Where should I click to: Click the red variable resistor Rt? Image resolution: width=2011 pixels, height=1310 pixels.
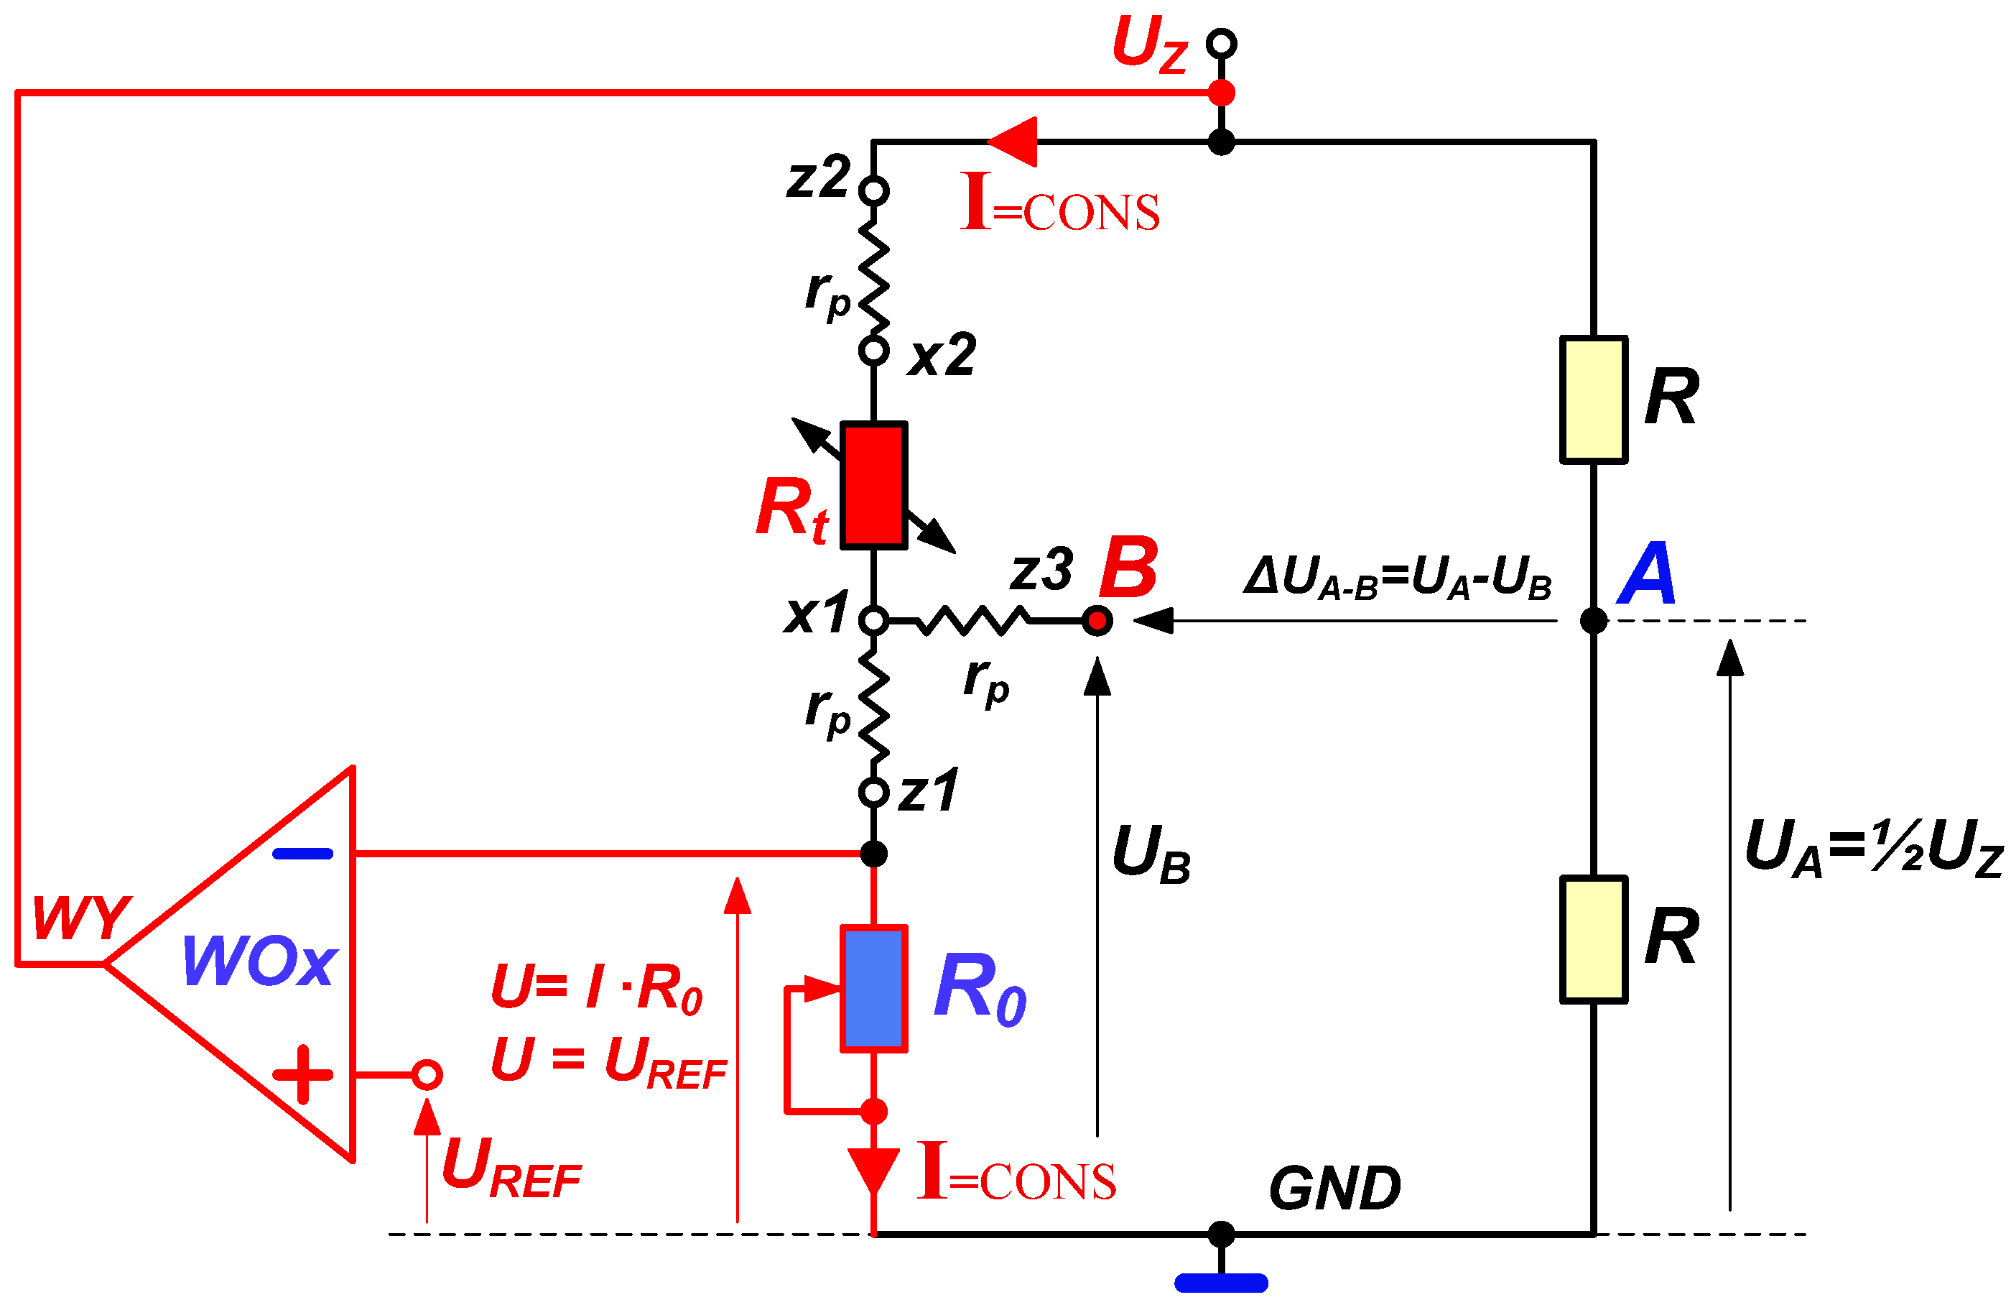873,486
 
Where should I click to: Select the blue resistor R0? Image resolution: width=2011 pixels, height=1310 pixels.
873,989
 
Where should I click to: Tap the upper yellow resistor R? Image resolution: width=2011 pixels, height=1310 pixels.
1593,400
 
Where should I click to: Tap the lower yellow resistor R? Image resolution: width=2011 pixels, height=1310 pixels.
1593,940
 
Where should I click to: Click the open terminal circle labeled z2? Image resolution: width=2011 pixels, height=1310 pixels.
873,191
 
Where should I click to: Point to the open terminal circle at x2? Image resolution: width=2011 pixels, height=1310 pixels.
873,350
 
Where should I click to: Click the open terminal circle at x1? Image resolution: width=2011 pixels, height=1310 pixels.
873,621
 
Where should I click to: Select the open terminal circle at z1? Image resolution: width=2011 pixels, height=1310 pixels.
873,793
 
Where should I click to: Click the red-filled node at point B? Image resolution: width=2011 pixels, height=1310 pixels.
1097,621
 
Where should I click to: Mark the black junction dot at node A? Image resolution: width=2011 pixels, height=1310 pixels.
1593,621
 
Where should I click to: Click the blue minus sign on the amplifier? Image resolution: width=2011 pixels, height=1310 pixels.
302,854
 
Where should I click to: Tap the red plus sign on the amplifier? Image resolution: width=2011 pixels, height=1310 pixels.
302,1075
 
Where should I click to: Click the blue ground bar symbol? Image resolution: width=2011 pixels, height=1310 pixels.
1221,1283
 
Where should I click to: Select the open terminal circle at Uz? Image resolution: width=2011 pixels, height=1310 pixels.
1221,43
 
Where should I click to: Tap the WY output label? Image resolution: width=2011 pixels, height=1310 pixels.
81,918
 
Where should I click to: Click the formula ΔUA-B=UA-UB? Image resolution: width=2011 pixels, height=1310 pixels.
1398,578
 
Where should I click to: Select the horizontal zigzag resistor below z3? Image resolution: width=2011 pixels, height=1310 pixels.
972,621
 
